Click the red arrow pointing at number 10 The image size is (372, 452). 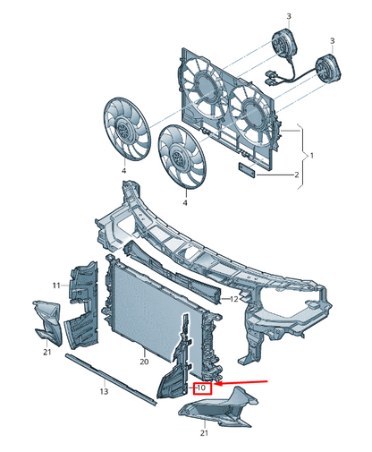point(242,382)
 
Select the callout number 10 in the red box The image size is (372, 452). point(201,388)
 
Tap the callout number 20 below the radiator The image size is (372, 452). point(144,362)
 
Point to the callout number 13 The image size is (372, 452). point(104,391)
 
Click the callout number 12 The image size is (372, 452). point(234,298)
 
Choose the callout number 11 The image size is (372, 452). point(56,286)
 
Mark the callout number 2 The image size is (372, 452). point(296,175)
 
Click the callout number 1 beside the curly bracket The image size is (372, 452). point(312,156)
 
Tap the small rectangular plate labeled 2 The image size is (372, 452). point(247,169)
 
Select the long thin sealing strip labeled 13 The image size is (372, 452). point(111,380)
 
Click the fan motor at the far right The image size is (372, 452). point(327,69)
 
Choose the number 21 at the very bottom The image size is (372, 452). point(204,432)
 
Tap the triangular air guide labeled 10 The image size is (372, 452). point(176,367)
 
